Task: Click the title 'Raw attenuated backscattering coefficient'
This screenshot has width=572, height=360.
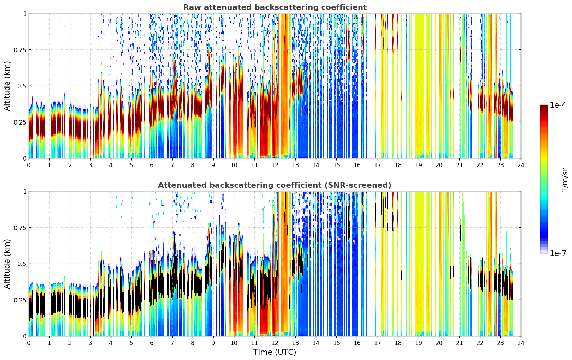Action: [275, 7]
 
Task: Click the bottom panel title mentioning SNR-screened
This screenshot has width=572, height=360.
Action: [275, 185]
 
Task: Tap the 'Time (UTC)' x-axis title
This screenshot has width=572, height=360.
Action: [275, 352]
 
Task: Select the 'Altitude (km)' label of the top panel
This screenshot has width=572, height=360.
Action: [7, 86]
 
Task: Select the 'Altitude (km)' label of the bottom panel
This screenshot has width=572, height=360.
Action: [7, 264]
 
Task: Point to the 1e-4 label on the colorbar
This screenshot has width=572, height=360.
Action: [558, 105]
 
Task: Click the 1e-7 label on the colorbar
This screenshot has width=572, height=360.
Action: [558, 253]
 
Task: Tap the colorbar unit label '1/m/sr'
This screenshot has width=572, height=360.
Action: [565, 180]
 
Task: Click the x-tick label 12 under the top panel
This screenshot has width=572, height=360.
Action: [275, 165]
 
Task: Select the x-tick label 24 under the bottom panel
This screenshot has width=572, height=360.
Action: [521, 343]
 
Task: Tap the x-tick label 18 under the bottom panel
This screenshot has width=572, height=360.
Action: [398, 343]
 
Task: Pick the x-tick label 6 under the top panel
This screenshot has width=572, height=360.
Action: [152, 165]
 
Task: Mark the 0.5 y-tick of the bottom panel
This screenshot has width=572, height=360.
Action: [22, 264]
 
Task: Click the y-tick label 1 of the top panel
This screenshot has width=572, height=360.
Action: [25, 13]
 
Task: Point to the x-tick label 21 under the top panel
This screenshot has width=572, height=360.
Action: [459, 165]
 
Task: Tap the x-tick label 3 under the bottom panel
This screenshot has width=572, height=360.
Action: [90, 343]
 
